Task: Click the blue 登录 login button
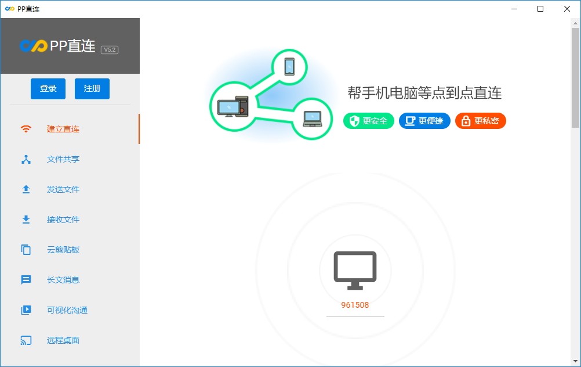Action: tap(48, 89)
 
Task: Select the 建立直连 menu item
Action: tap(63, 129)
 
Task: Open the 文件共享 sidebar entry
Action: tap(63, 159)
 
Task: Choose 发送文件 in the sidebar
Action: tap(63, 189)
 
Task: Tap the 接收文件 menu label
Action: tap(63, 220)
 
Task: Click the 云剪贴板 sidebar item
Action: tap(63, 250)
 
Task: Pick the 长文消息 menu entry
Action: tap(63, 280)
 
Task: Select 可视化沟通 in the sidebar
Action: tap(67, 310)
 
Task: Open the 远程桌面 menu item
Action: tap(63, 340)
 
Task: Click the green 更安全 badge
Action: tap(368, 121)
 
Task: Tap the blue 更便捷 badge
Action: tap(424, 121)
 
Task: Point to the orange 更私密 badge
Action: tap(480, 121)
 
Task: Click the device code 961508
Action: tap(355, 305)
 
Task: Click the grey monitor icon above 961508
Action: tap(355, 271)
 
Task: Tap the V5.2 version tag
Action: tap(110, 50)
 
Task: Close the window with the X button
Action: tap(567, 9)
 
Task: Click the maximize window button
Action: tap(540, 9)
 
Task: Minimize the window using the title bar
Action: tap(514, 9)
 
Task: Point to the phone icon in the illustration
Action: tap(289, 67)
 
